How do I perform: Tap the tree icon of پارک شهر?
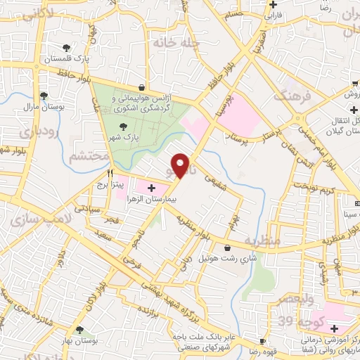(x=124, y=127)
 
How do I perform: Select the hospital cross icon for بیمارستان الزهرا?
(x=151, y=188)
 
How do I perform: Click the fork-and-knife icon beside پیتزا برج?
(x=110, y=173)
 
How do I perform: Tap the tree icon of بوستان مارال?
(x=44, y=96)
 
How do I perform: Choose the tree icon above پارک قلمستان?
(x=66, y=48)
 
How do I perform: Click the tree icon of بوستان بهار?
(x=79, y=329)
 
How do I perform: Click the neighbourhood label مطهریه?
(x=262, y=241)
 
